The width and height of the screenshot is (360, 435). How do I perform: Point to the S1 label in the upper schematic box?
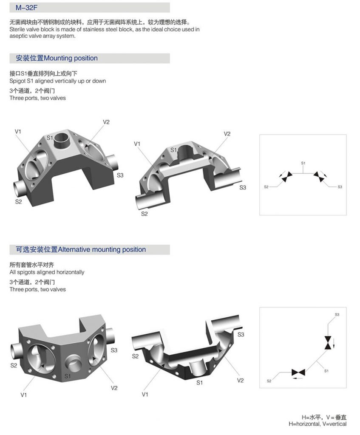[x=303, y=163]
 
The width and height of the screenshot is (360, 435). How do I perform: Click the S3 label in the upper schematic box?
[x=340, y=187]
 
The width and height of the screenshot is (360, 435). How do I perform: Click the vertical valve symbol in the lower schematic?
[x=328, y=343]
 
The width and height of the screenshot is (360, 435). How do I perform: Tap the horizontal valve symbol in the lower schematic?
[x=298, y=373]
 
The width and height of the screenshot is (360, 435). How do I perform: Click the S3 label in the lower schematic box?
[x=337, y=315]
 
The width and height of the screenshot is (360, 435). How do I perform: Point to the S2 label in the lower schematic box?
[x=269, y=381]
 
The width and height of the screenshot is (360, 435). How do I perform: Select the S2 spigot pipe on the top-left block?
[x=20, y=187]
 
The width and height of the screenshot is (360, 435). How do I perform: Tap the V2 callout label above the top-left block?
[x=106, y=122]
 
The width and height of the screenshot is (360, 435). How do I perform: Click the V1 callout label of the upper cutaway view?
[x=137, y=144]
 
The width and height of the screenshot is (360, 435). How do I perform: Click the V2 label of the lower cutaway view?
[x=240, y=380]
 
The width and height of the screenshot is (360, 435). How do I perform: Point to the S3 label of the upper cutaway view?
[x=243, y=187]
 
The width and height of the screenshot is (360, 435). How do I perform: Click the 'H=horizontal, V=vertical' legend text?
[x=317, y=424]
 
